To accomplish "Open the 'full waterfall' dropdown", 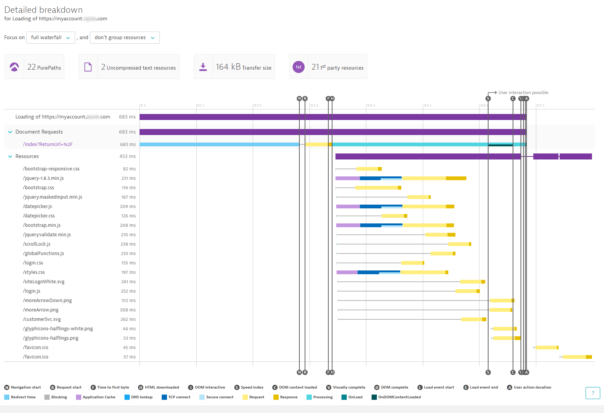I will pos(50,38).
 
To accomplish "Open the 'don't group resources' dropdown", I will pos(124,38).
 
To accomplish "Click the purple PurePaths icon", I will pos(14,67).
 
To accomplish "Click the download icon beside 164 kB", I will pos(203,67).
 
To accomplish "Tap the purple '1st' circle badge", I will pos(299,67).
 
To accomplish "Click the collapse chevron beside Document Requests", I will pos(10,132).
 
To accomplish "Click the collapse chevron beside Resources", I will pos(10,156).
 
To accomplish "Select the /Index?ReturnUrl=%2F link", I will pos(48,144).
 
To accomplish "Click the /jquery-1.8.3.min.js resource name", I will pos(43,178).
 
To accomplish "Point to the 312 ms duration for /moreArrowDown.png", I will pos(128,301).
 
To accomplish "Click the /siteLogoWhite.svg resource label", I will pos(44,282).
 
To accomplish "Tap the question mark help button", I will pos(593,393).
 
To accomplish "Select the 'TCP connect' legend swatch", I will pos(164,397).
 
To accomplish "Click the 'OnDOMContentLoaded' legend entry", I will pos(399,397).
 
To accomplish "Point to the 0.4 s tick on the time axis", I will pos(371,105).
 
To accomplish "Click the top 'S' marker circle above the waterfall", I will pos(488,99).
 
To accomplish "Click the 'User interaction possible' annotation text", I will pos(523,93).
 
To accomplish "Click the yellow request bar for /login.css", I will pos(412,263).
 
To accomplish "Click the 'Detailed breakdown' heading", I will pos(44,10).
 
